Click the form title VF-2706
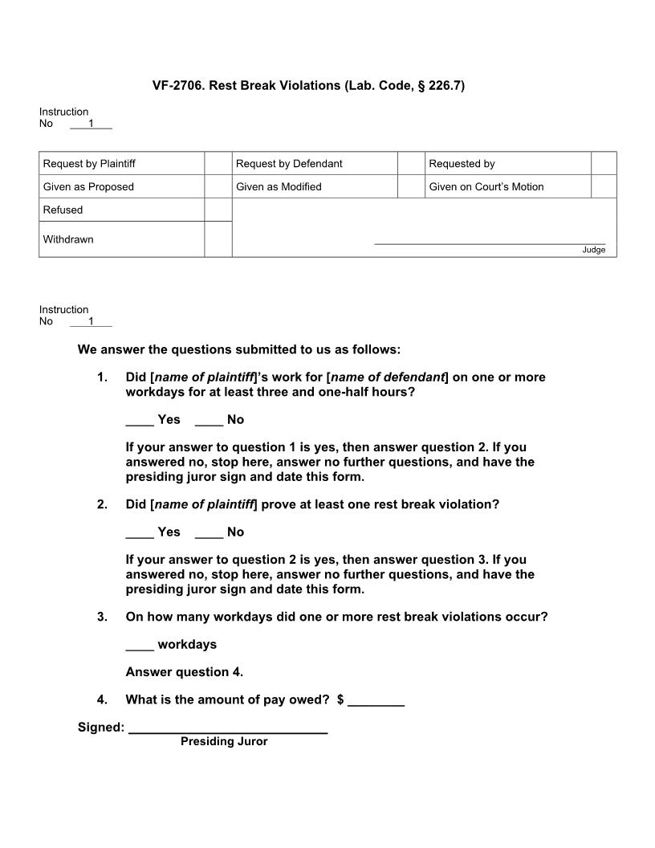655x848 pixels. click(x=308, y=85)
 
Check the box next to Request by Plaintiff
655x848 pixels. click(x=218, y=164)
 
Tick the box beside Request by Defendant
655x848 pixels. click(x=410, y=164)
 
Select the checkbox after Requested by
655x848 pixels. click(x=604, y=164)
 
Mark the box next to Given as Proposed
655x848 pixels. click(x=218, y=187)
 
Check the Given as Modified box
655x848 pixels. click(x=410, y=187)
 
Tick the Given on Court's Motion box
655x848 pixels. click(x=604, y=187)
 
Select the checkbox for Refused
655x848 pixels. click(x=218, y=210)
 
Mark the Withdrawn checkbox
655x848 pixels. click(x=218, y=239)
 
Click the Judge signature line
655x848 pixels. click(x=490, y=243)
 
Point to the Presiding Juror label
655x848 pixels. click(x=224, y=742)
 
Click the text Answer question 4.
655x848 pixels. click(x=185, y=672)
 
